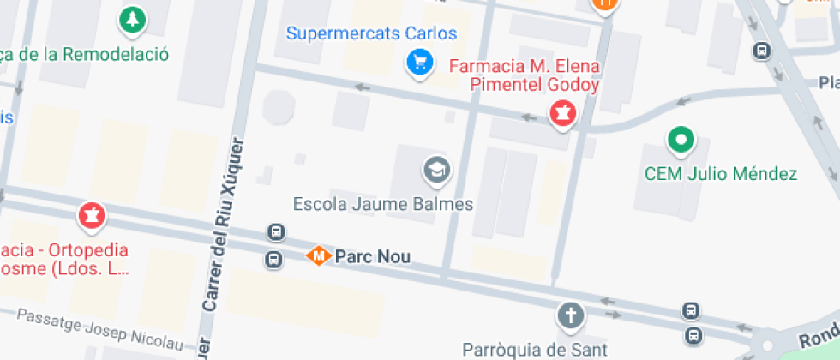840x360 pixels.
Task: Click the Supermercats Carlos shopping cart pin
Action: click(419, 63)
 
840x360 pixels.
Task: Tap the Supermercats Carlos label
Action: click(371, 34)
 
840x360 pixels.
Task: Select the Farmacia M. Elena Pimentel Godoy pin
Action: click(561, 113)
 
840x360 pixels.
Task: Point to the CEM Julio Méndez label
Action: click(721, 174)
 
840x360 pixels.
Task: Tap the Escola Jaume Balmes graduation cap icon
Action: click(437, 170)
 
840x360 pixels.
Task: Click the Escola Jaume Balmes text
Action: click(382, 205)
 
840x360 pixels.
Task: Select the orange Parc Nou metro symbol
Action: click(319, 255)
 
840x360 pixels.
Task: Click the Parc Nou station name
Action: click(372, 256)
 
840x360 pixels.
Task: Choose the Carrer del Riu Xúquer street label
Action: click(225, 225)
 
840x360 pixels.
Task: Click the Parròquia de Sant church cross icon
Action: click(570, 316)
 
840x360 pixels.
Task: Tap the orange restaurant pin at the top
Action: click(604, 4)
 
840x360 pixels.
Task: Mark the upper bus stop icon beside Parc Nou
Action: click(276, 232)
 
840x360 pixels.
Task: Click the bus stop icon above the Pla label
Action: click(760, 51)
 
